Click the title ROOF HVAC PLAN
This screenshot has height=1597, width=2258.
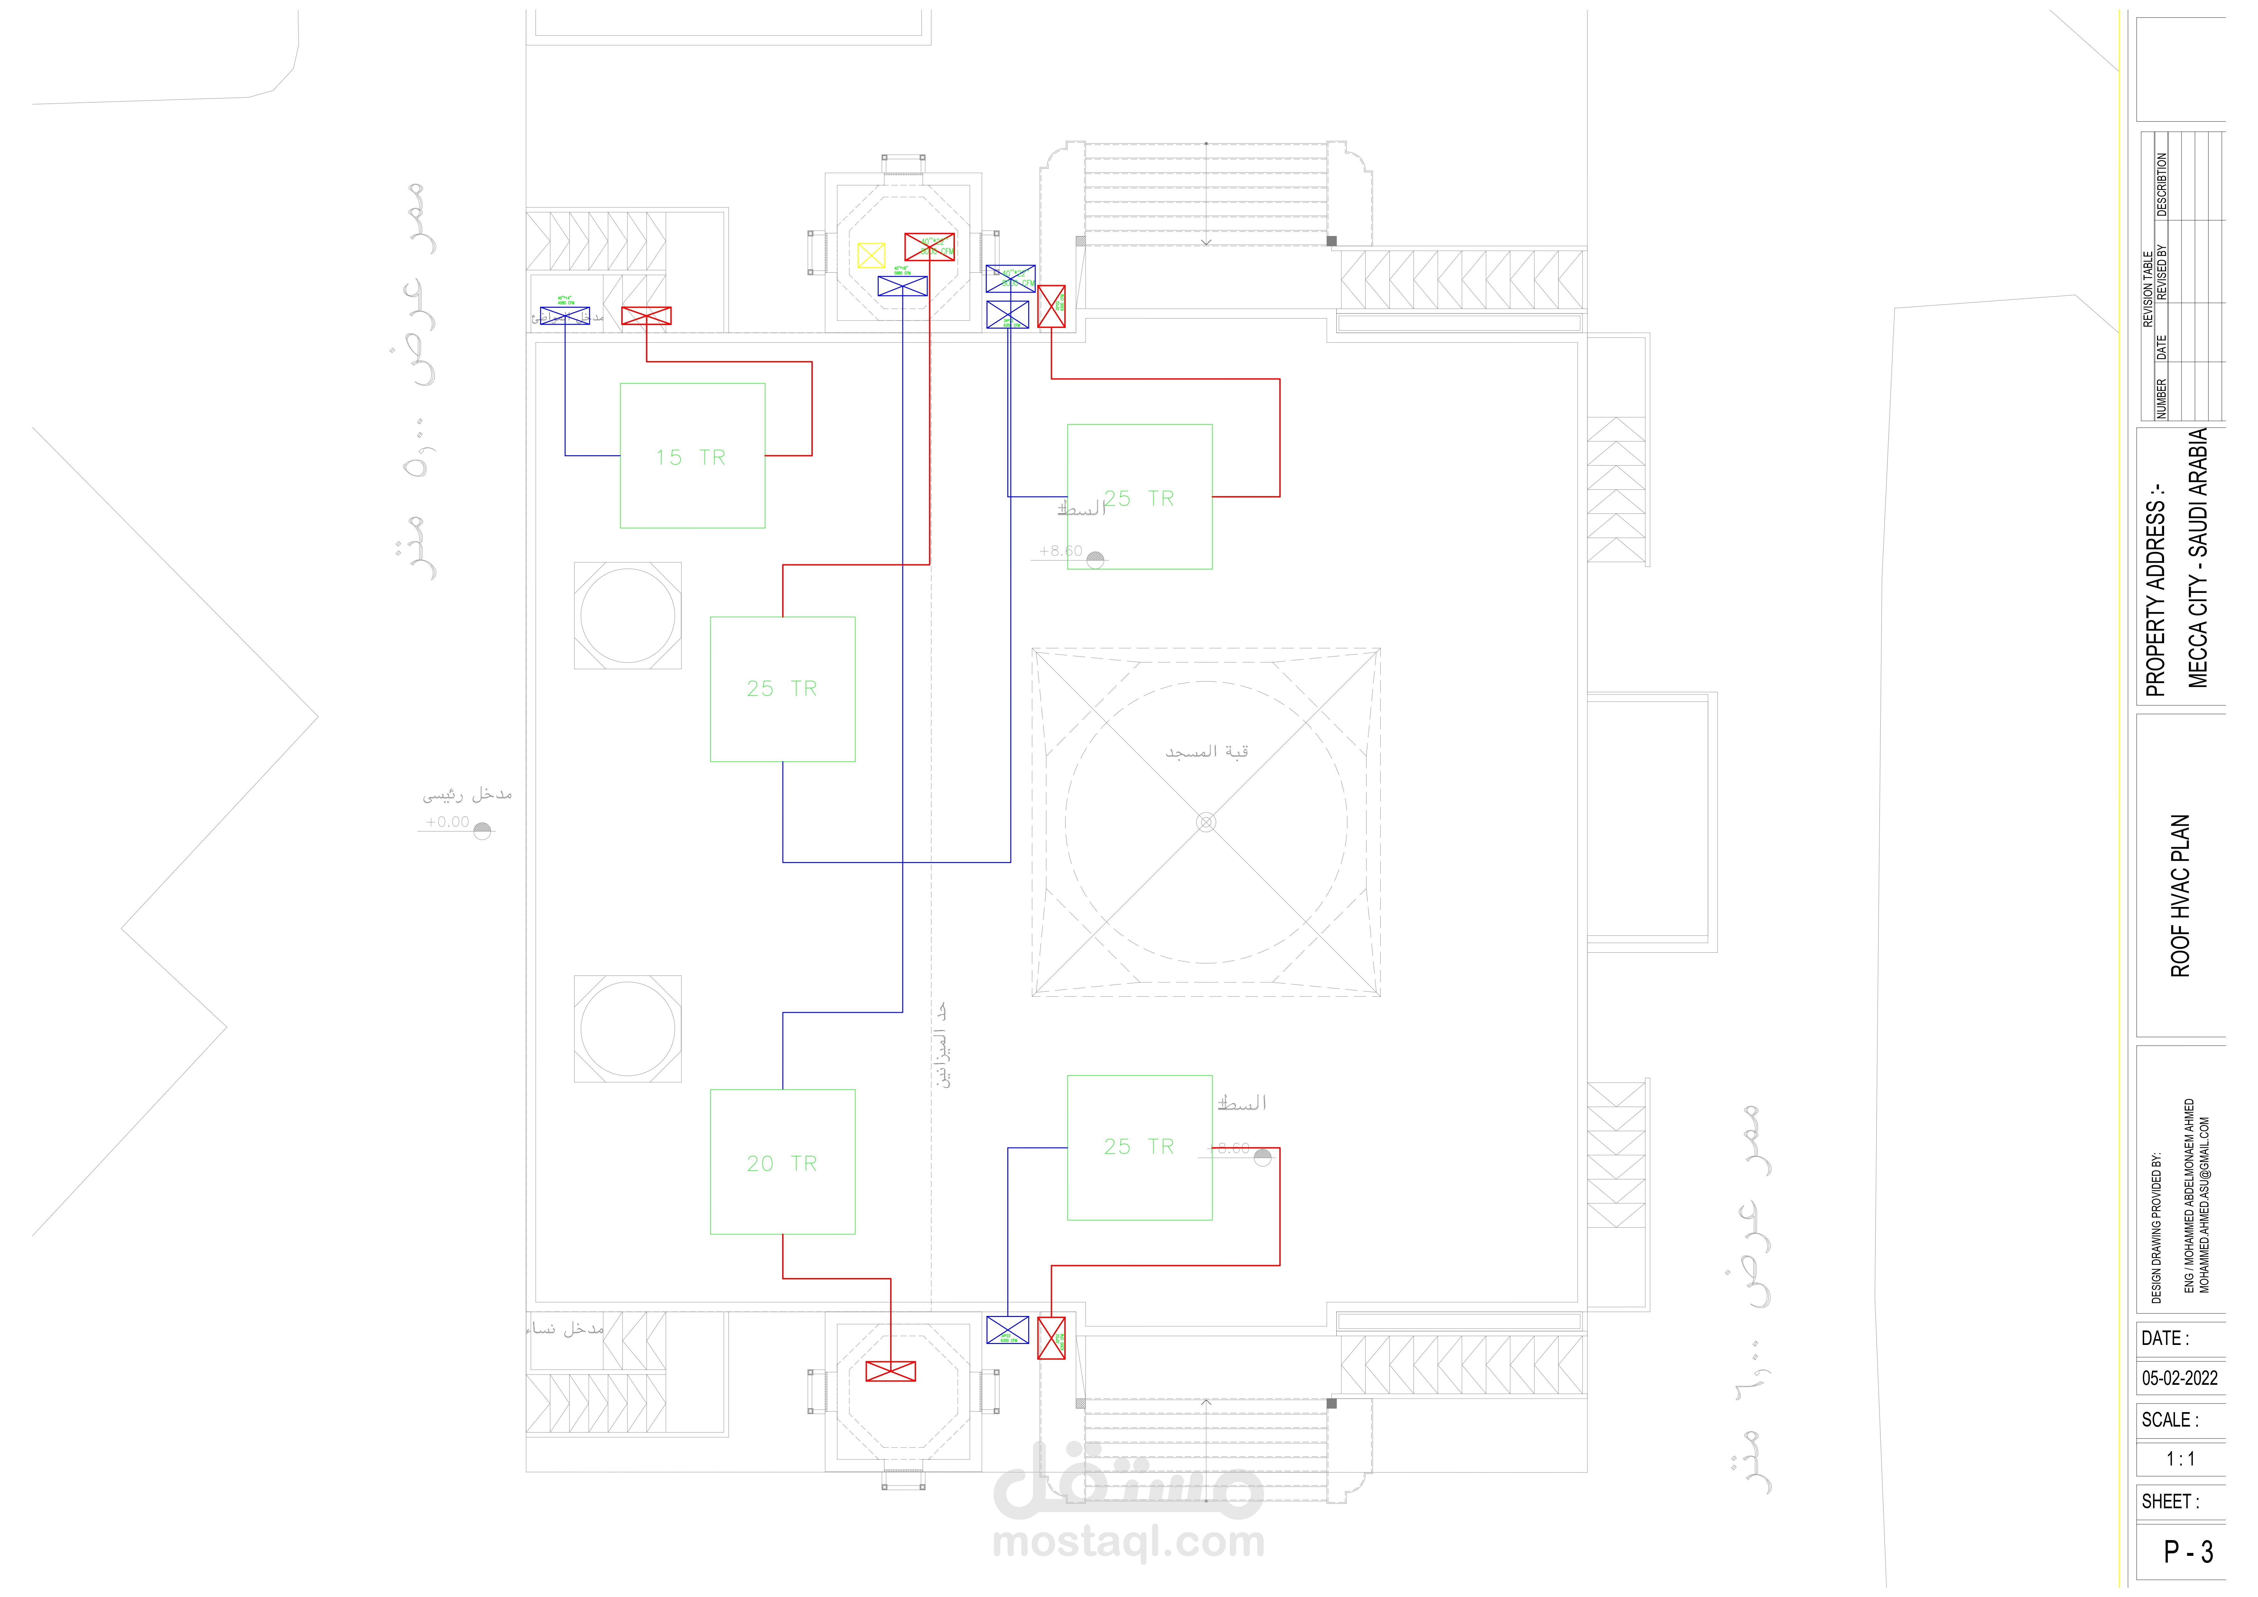click(x=2180, y=895)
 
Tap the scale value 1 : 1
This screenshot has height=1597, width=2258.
click(x=2180, y=1459)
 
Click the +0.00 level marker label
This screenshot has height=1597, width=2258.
click(x=447, y=822)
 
